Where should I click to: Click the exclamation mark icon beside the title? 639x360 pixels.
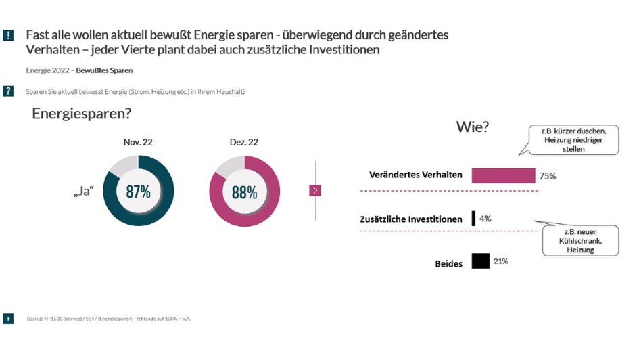[8, 35]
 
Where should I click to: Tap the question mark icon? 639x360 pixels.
[8, 91]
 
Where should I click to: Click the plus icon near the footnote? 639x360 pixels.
[8, 318]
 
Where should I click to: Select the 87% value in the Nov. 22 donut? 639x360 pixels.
[138, 192]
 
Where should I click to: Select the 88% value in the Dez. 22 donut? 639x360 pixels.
[244, 192]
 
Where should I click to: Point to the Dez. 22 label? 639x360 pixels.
[243, 142]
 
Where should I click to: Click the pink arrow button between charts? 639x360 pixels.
[315, 190]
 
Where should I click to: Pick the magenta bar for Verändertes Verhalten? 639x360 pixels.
[503, 175]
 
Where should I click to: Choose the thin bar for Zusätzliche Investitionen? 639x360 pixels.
[474, 219]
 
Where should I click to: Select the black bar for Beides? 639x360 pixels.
[480, 261]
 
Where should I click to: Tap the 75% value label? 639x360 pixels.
[548, 176]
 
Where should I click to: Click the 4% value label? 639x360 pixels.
[486, 219]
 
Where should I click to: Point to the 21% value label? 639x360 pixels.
[500, 261]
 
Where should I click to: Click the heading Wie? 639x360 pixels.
[473, 127]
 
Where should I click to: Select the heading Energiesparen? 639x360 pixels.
[82, 114]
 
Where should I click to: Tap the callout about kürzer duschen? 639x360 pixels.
[574, 139]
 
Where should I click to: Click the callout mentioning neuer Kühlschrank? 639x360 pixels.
[580, 240]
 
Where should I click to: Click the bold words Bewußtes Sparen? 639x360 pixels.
[104, 70]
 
